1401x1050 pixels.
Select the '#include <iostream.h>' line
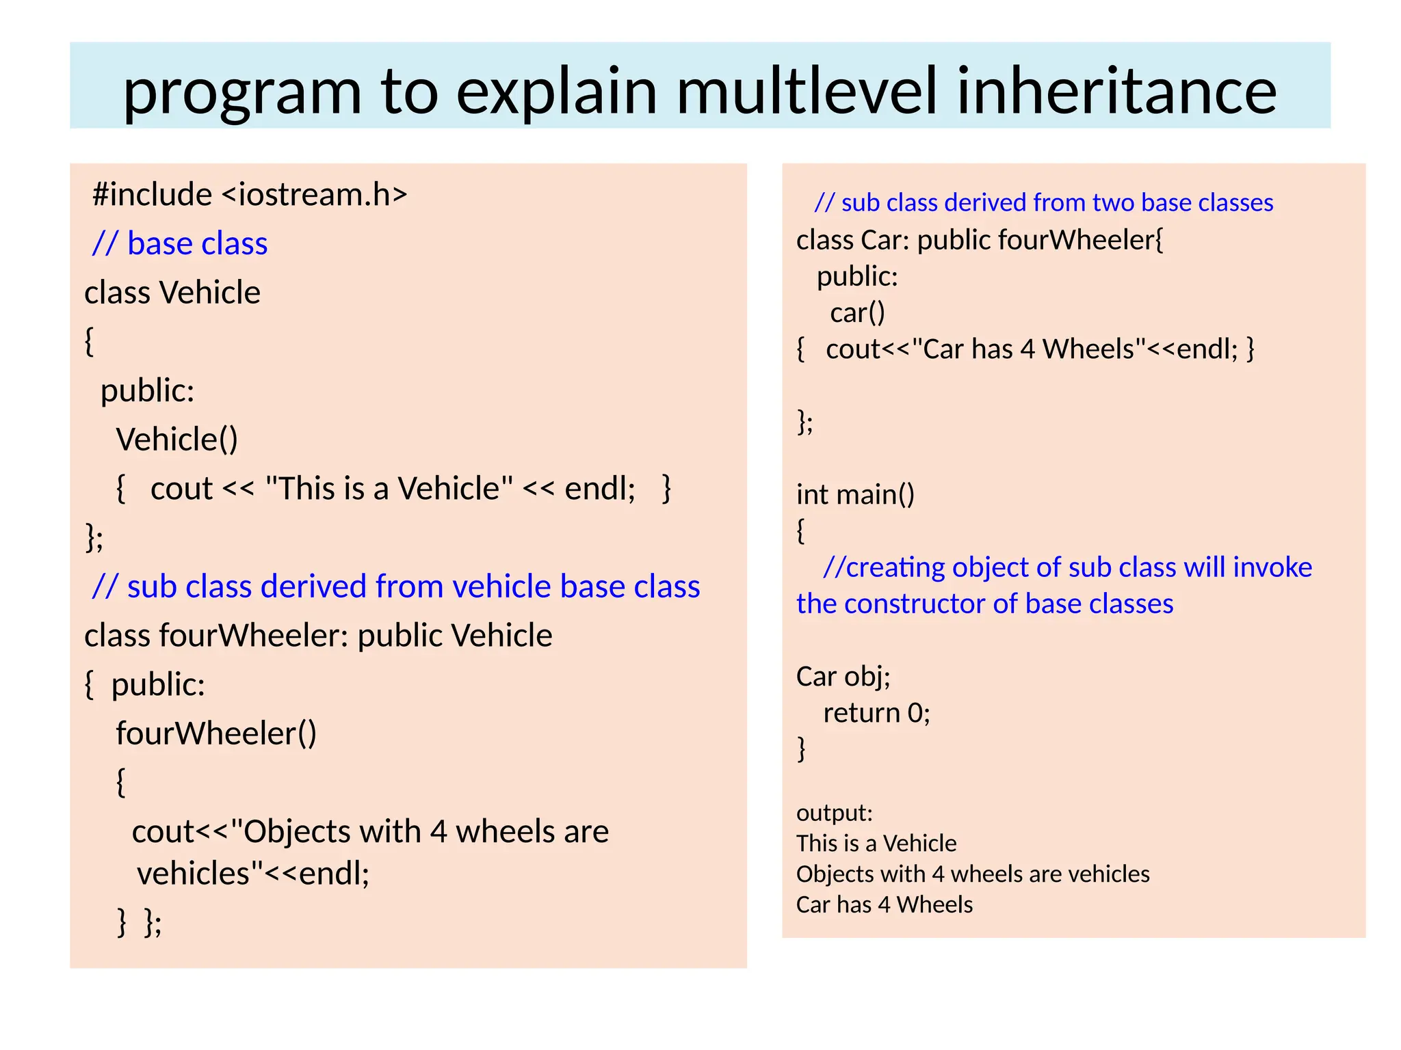[250, 194]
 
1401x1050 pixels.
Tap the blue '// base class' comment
[180, 243]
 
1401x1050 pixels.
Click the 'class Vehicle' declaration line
[172, 293]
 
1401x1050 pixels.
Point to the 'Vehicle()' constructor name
[177, 439]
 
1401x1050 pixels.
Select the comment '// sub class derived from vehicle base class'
[396, 587]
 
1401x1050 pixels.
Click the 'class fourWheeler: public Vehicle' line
[318, 636]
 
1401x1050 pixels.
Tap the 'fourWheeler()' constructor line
[216, 733]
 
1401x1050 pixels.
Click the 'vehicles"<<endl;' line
[253, 873]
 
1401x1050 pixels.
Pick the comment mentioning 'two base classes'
[1043, 202]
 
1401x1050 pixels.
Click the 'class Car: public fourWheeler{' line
[980, 240]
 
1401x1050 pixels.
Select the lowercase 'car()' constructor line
[858, 312]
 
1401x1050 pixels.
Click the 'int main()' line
[855, 494]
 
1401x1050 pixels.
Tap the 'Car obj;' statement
[843, 676]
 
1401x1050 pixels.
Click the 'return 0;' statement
[876, 713]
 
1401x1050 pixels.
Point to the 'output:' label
[835, 813]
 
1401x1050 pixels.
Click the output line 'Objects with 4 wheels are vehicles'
[973, 874]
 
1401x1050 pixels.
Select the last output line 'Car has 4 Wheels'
[884, 904]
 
